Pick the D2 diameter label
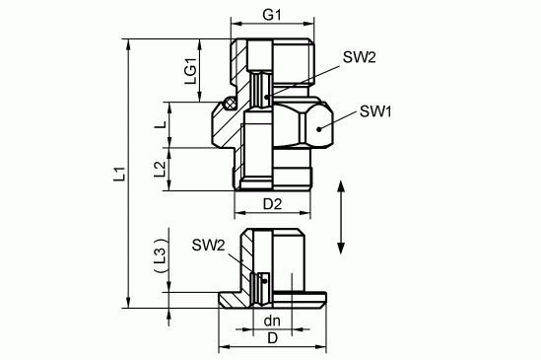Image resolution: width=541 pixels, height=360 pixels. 273,204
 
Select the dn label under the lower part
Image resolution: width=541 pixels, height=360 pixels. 272,321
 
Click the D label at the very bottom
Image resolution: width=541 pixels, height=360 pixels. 272,338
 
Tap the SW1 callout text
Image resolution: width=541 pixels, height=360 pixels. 376,111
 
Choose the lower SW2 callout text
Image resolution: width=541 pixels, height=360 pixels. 208,244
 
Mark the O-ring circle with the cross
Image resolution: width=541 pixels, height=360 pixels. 230,103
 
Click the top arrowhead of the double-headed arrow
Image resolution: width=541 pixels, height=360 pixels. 341,186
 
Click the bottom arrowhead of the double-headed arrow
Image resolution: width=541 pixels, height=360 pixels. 341,247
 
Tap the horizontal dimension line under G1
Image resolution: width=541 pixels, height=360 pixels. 273,25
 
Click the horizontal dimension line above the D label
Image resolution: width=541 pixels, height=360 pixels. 272,346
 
